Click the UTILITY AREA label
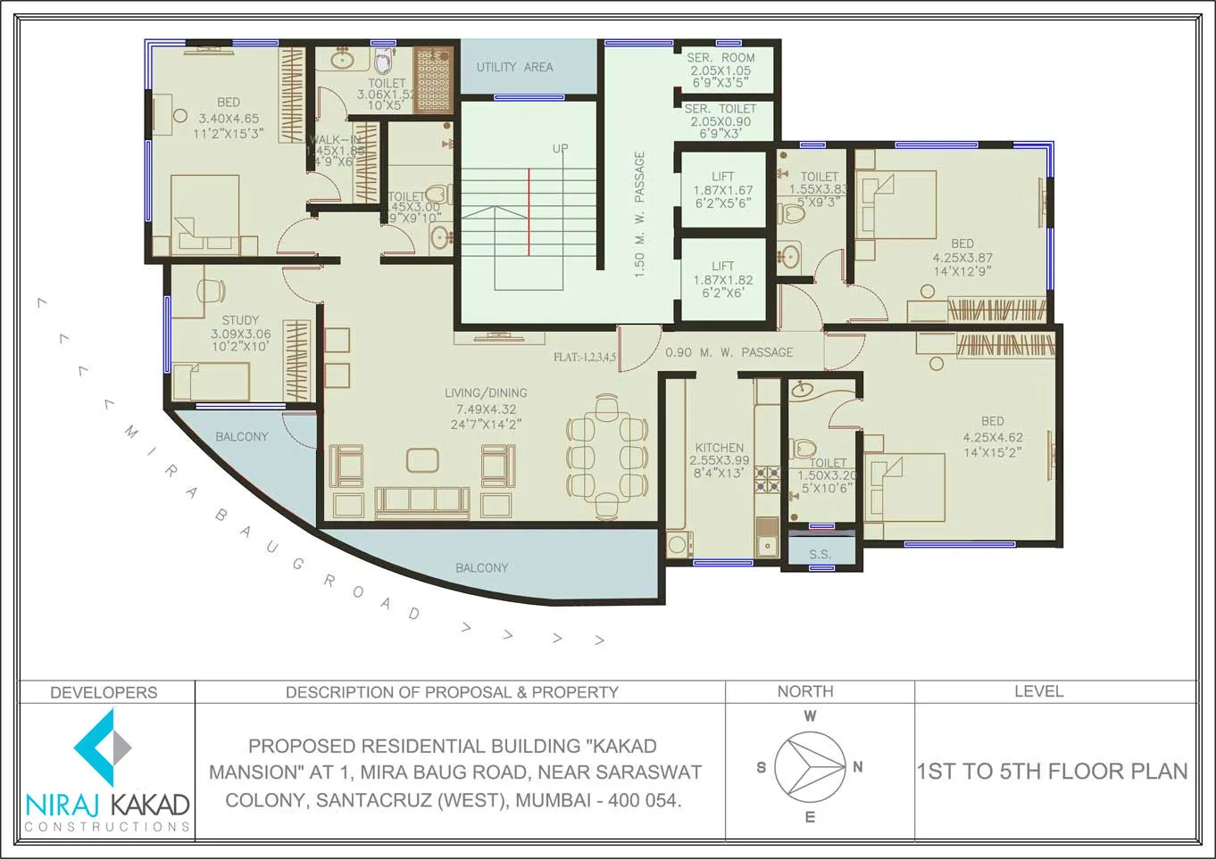pos(514,67)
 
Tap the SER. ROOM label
pos(720,58)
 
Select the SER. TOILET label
pos(720,109)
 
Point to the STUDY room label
pos(240,320)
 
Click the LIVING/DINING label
pos(486,392)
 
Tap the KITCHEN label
pos(719,448)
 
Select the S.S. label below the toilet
pos(820,554)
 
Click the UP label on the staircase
pos(560,149)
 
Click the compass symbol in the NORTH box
pos(809,766)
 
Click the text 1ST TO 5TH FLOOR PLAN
pos(1052,772)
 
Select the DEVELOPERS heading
pos(104,692)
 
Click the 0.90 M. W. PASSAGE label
pos(729,352)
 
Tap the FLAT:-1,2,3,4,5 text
pos(584,357)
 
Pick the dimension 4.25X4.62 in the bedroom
pos(993,437)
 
